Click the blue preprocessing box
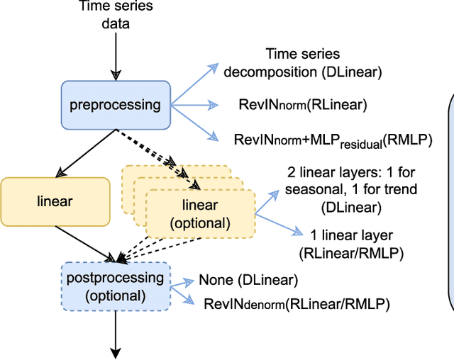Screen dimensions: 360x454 coord(115,106)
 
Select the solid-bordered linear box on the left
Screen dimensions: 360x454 coord(55,201)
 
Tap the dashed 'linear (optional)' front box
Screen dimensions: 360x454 coord(200,213)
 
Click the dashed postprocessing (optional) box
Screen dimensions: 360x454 coord(116,286)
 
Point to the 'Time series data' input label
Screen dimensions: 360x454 coord(116,16)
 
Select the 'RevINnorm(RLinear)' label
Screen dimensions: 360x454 coord(303,106)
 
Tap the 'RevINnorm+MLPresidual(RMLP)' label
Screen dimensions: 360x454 coord(333,140)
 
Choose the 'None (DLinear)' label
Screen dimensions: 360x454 coord(248,280)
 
